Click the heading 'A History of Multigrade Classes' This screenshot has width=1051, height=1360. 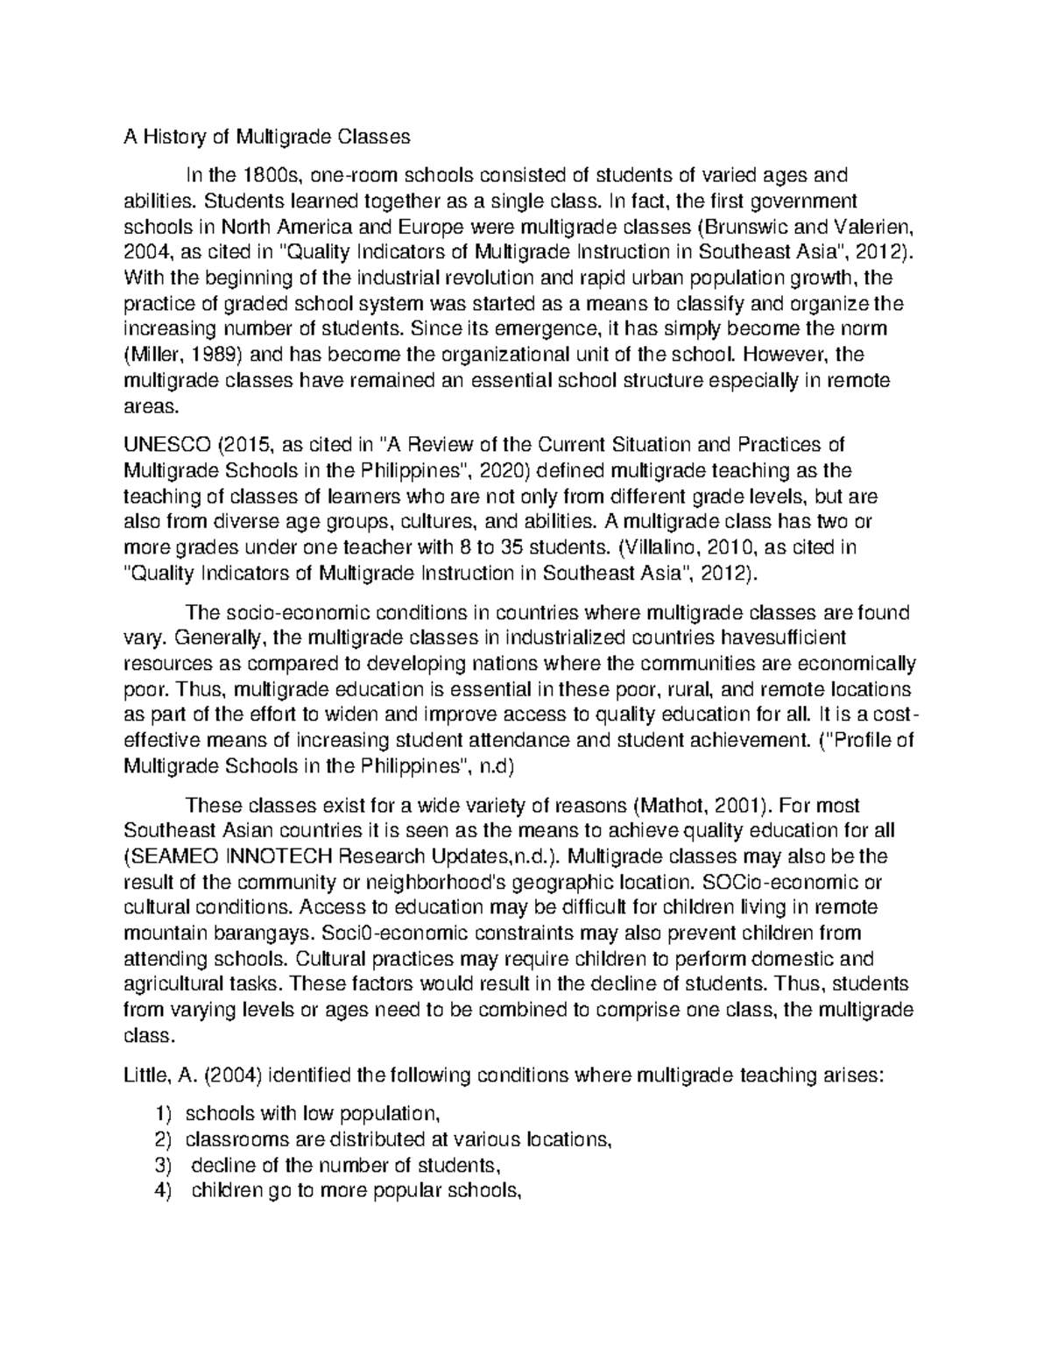pyautogui.click(x=266, y=137)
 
